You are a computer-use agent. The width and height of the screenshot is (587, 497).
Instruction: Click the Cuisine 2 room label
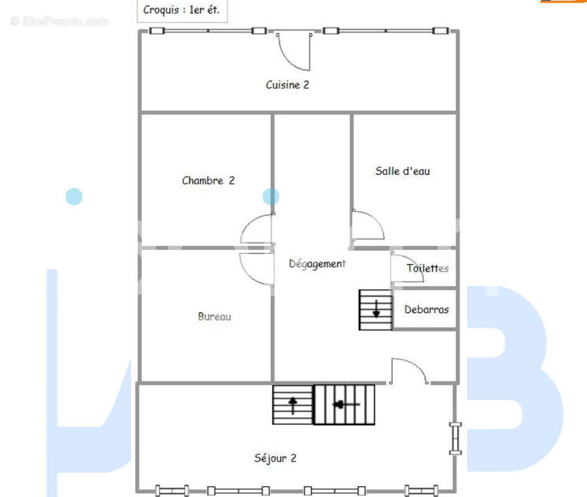pyautogui.click(x=287, y=85)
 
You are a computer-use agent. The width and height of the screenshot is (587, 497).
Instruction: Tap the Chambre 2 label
pyautogui.click(x=208, y=181)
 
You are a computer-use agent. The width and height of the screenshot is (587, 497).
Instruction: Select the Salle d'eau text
pyautogui.click(x=402, y=171)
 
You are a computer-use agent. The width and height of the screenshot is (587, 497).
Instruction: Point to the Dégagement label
pyautogui.click(x=317, y=264)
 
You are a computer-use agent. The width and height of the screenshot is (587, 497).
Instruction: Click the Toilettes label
pyautogui.click(x=428, y=268)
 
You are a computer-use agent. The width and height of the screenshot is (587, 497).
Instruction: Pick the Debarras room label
pyautogui.click(x=427, y=309)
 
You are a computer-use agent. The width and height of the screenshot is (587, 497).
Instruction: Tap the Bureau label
pyautogui.click(x=214, y=316)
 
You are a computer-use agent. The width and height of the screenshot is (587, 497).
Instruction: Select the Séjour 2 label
pyautogui.click(x=275, y=458)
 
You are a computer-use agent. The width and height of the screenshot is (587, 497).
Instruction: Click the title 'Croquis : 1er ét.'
pyautogui.click(x=181, y=10)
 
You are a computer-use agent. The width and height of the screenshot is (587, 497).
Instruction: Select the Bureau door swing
pyautogui.click(x=247, y=275)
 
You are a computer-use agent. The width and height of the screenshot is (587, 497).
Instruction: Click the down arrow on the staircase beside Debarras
pyautogui.click(x=376, y=309)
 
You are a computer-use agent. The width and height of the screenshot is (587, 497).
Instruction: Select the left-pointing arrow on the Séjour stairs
pyautogui.click(x=346, y=404)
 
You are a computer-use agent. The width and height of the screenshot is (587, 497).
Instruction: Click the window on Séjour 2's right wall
pyautogui.click(x=455, y=438)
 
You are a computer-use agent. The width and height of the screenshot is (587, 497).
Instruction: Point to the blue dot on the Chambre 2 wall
pyautogui.click(x=270, y=196)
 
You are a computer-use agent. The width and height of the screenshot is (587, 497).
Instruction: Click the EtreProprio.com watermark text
pyautogui.click(x=60, y=21)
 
